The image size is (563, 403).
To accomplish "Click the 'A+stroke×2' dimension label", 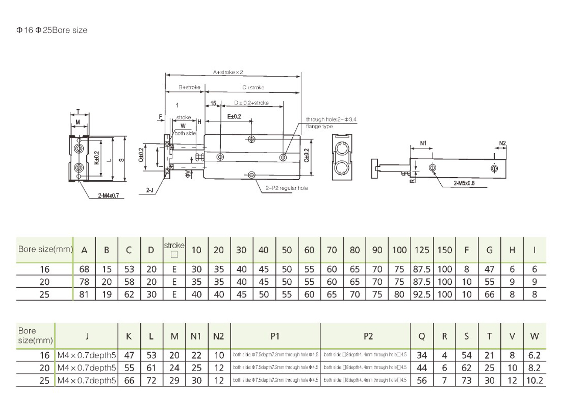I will pos(228,72).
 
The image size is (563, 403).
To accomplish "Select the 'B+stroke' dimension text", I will pos(189,88).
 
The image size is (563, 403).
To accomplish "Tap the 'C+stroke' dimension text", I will pos(253,88).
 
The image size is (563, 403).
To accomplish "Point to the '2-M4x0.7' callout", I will pos(108,196).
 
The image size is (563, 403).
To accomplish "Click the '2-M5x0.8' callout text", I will pos(464,183).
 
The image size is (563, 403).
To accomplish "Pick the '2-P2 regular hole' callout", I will pos(287,188).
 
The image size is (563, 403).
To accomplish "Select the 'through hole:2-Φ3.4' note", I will pos(331,119).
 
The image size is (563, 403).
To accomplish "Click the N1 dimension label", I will pos(423,143).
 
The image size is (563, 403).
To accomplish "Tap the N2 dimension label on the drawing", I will pos(502,143).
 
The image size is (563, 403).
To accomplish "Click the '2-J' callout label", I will pos(150,190).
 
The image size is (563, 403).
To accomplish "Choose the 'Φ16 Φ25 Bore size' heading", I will pos(52,30).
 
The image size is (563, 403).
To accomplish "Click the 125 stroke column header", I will pos(422,250).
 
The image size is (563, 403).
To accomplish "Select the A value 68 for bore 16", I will pos(84,269).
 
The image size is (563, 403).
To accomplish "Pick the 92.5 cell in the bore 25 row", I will pos(422,294).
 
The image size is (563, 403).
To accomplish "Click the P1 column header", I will pos(275,337).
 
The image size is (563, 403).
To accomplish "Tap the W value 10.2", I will pos(534,380).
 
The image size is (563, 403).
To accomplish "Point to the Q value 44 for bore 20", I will pos(422,368).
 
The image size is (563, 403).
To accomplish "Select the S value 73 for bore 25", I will pos(467,380).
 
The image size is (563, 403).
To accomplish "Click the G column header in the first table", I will pos(489,250).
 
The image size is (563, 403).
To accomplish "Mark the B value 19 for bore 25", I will pos(107,294).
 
